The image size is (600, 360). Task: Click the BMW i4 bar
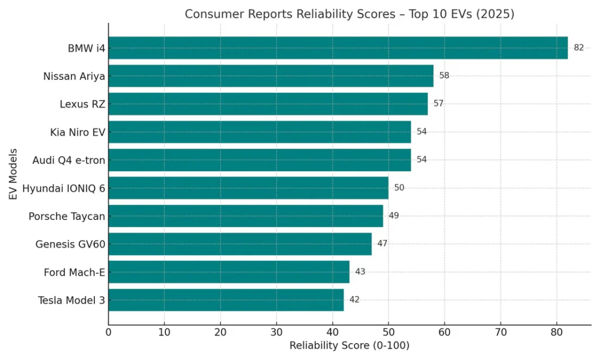tap(337, 48)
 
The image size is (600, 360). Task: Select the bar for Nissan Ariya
tap(271, 76)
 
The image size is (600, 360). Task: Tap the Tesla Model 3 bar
tap(226, 300)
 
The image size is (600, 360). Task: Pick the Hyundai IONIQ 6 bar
tap(248, 188)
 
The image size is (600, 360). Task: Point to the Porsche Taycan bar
tap(246, 216)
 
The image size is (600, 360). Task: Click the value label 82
tap(578, 48)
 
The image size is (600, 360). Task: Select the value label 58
tap(444, 76)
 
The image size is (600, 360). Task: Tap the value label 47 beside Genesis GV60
tap(382, 243)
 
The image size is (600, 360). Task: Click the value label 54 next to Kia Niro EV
tap(421, 132)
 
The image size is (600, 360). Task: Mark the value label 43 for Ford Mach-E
tap(360, 271)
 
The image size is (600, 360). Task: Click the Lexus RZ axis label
tap(82, 104)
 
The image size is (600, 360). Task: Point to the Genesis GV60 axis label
tap(70, 244)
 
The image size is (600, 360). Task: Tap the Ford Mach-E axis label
tap(74, 272)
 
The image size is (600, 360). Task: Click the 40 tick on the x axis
tap(333, 333)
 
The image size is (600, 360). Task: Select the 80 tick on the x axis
tap(557, 333)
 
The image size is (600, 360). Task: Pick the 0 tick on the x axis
tap(108, 333)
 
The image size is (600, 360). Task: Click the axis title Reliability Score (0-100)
tap(349, 346)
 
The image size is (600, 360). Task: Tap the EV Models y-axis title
tap(13, 174)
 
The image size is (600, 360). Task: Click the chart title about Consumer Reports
tap(349, 14)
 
